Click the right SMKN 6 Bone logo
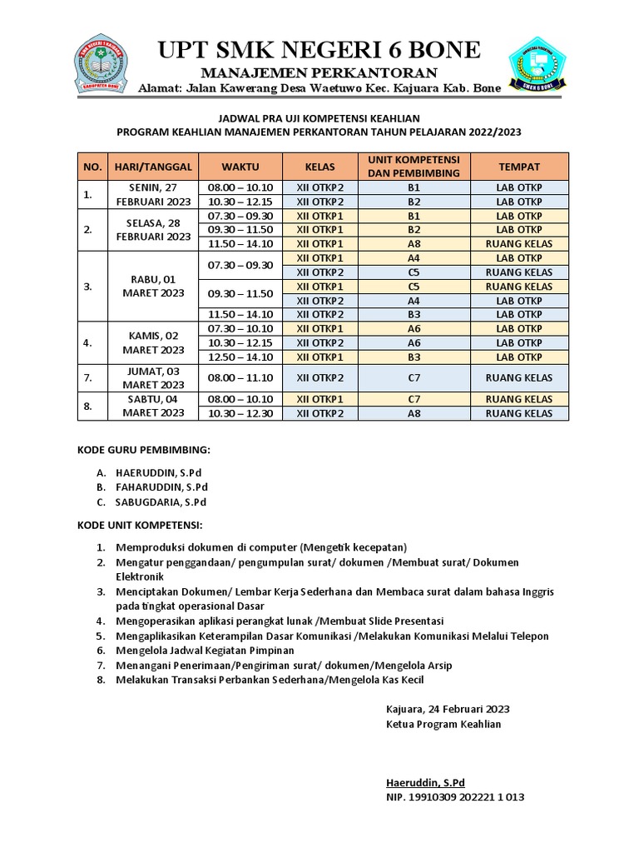click(537, 64)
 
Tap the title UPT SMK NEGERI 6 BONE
click(319, 51)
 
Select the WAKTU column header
click(240, 167)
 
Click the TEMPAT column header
click(519, 167)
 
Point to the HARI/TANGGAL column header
click(152, 167)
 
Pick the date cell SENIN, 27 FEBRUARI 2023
click(152, 195)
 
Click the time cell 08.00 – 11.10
click(240, 378)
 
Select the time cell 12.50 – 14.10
click(240, 357)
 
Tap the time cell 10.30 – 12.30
click(240, 413)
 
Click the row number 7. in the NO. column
click(88, 378)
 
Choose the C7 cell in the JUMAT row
click(414, 378)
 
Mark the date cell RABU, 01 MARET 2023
click(152, 286)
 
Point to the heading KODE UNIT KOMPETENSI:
click(140, 526)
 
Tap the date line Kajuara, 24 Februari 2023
click(448, 709)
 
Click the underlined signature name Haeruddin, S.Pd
click(425, 782)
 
